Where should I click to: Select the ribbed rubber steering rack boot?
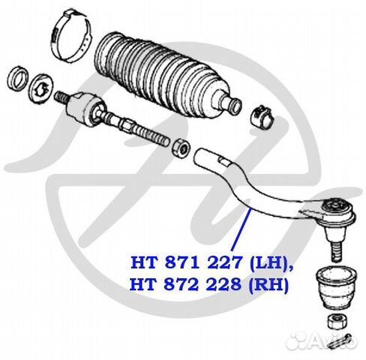click(165, 75)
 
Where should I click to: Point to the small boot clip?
click(262, 116)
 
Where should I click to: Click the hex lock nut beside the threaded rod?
click(181, 148)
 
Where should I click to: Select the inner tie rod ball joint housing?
click(84, 107)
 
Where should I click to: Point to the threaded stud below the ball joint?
click(335, 251)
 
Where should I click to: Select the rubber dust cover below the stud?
click(336, 287)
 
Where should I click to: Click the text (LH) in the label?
click(268, 263)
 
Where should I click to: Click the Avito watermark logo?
click(322, 340)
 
